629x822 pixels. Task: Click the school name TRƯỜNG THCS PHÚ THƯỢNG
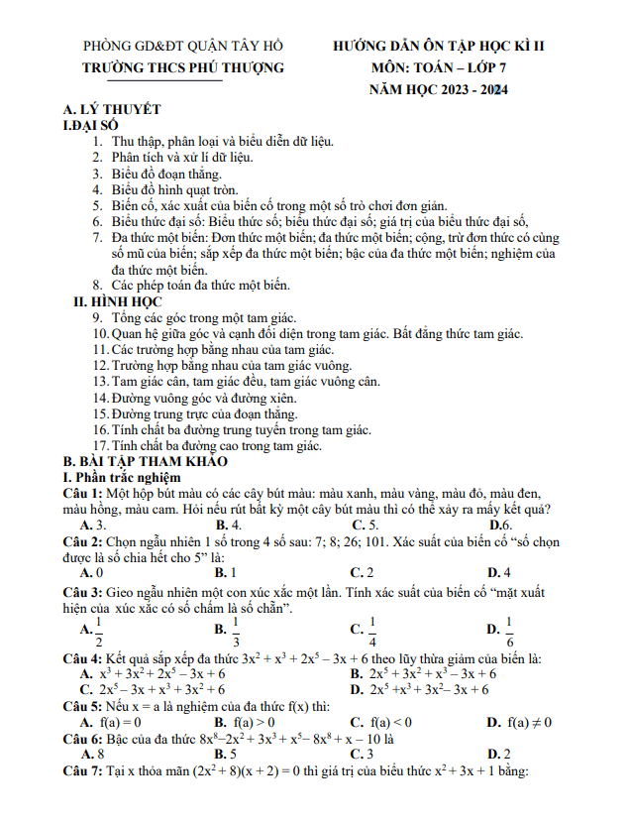(x=183, y=67)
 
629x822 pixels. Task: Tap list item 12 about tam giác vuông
(x=223, y=365)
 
